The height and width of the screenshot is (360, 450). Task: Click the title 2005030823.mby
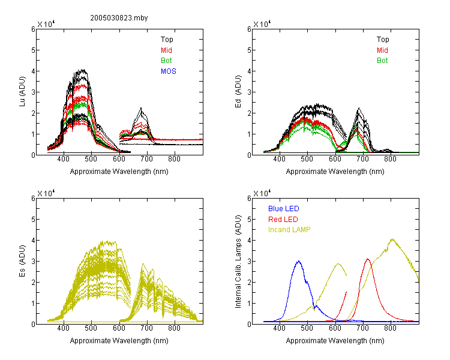(x=119, y=18)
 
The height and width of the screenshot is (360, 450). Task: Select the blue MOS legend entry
(x=169, y=71)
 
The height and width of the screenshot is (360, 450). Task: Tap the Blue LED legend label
(x=284, y=209)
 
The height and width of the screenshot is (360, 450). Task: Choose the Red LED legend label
(x=283, y=220)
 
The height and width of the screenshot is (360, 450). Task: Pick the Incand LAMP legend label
(x=289, y=230)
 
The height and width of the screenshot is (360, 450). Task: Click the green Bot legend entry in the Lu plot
(x=166, y=61)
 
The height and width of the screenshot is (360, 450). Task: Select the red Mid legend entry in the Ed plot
(x=382, y=50)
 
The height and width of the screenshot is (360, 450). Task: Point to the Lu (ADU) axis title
(x=22, y=92)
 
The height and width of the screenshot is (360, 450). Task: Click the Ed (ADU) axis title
(x=238, y=92)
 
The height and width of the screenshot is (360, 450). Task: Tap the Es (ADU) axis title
(x=22, y=261)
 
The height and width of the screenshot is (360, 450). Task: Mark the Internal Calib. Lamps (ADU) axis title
(x=238, y=262)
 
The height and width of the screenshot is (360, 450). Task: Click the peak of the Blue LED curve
(x=299, y=261)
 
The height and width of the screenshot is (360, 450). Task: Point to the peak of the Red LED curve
(x=368, y=259)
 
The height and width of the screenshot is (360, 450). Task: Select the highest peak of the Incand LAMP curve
(x=392, y=239)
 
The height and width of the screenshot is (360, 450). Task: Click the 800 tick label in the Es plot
(x=174, y=328)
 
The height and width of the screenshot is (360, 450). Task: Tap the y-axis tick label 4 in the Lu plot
(x=33, y=71)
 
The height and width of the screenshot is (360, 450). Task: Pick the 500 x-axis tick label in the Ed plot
(x=307, y=159)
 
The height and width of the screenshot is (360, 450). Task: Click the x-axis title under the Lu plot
(x=119, y=172)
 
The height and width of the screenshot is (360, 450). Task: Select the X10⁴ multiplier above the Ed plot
(x=262, y=24)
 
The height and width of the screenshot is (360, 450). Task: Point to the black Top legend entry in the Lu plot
(x=167, y=40)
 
